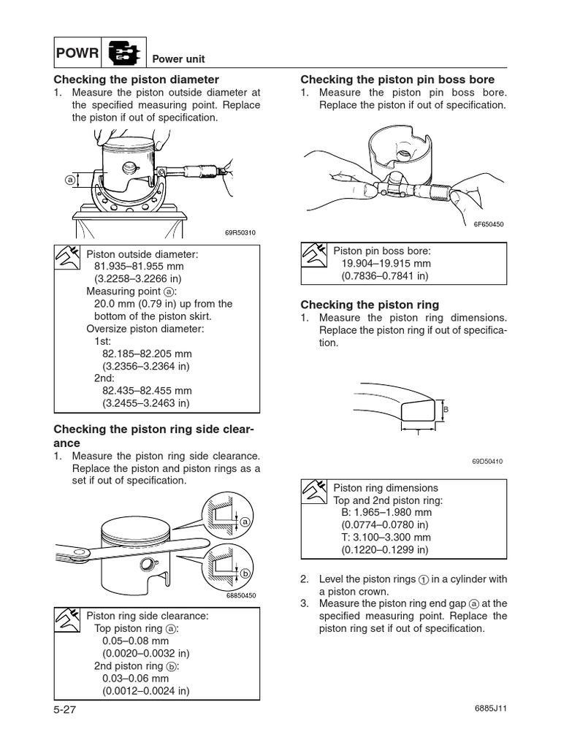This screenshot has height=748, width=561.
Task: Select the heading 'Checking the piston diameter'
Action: coord(136,79)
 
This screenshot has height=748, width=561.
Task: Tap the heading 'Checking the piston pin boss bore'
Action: coord(397,79)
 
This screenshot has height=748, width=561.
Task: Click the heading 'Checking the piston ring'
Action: coord(371,305)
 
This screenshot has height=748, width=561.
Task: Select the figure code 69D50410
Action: coord(488,461)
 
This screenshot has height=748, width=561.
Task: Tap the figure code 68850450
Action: coord(242,595)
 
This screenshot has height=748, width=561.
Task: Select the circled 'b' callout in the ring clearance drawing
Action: coord(245,573)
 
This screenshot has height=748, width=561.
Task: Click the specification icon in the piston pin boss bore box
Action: coord(316,256)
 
